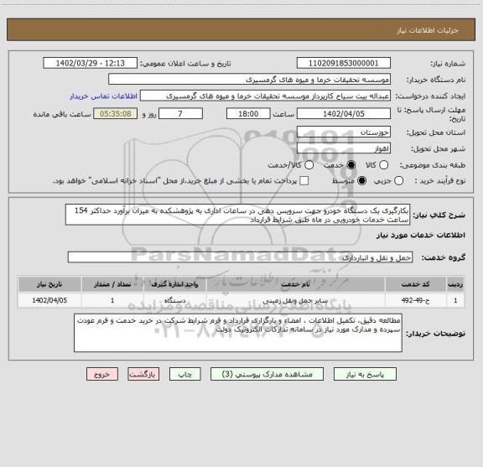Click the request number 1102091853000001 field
[344, 63]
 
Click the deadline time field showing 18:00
[248, 113]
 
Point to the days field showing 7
[179, 113]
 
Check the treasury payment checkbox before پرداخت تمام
[304, 180]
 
